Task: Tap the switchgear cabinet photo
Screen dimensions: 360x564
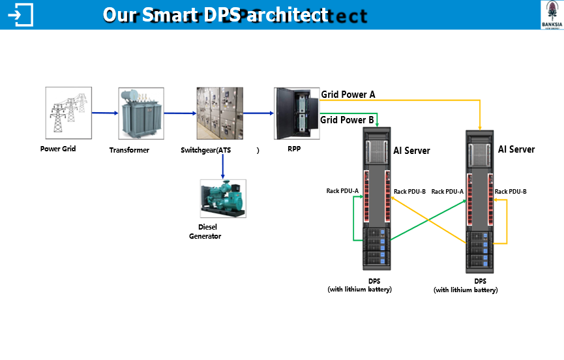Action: [x=220, y=113]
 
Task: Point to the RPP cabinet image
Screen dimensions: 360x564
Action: [x=296, y=113]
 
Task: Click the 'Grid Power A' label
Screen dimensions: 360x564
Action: [x=348, y=95]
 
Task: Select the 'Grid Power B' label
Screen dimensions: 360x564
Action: [x=348, y=120]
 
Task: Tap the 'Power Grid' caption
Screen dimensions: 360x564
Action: [x=58, y=149]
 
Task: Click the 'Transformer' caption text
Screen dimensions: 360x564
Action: [x=129, y=150]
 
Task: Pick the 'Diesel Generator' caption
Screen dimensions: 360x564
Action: [x=205, y=232]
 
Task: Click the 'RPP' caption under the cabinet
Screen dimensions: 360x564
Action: [x=294, y=149]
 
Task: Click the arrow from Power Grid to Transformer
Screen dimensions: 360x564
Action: [x=104, y=113]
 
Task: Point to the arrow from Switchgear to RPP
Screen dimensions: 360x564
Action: [x=259, y=113]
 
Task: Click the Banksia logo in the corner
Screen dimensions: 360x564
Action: [x=552, y=14]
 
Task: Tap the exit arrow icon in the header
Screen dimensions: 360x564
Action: [x=23, y=14]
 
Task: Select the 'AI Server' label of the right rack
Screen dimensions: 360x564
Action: [x=516, y=149]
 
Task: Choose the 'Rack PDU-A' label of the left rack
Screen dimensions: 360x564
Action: [x=342, y=190]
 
